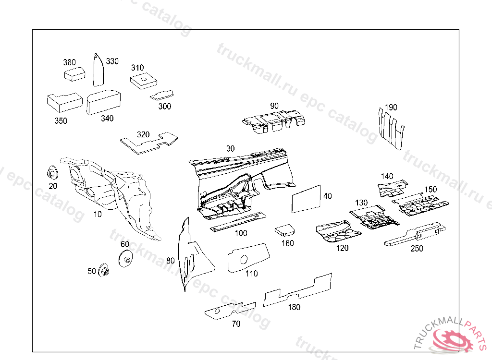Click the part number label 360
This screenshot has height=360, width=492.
tap(69, 62)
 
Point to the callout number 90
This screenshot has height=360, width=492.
tap(274, 106)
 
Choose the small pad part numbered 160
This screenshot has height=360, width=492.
tap(285, 229)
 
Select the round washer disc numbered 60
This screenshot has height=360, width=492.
tap(126, 259)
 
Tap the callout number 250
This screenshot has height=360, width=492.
tap(417, 249)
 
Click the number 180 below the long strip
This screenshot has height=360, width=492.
tap(294, 307)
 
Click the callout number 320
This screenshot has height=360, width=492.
tap(143, 134)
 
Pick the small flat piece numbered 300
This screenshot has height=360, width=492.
tap(162, 95)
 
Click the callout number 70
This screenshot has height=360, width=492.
tap(236, 324)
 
